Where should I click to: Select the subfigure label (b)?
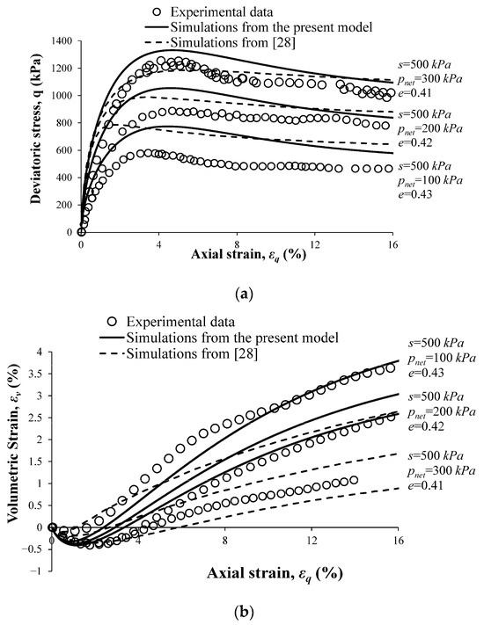point(242,608)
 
